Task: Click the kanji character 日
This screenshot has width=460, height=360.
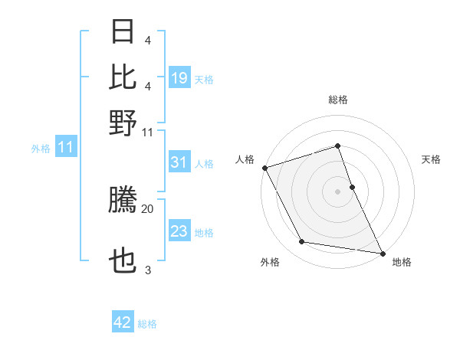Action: coord(123,32)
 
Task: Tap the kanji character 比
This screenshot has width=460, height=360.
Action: coord(123,76)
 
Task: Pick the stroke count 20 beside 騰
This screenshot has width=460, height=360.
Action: coord(148,208)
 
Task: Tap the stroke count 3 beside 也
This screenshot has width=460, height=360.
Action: coord(148,270)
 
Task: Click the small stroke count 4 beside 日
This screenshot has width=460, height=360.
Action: coord(148,40)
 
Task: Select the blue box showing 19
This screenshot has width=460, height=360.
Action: coord(179,78)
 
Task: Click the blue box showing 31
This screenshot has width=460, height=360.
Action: coord(179,162)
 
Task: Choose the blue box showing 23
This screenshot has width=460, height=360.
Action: coord(179,231)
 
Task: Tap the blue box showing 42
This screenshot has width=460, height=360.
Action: coord(123,322)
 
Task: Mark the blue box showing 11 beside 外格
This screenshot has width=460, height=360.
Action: coord(65,147)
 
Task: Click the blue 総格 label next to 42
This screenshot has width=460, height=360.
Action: coord(147,324)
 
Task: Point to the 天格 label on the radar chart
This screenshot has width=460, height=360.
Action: coord(431,159)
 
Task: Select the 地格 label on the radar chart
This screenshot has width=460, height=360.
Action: coord(402,262)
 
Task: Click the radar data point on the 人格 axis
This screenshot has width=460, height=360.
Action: coord(264,168)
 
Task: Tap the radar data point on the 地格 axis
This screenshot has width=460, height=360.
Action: coord(382,252)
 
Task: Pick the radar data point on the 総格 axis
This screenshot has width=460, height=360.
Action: coord(337,146)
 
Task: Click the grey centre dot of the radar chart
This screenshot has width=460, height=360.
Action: coord(337,191)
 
